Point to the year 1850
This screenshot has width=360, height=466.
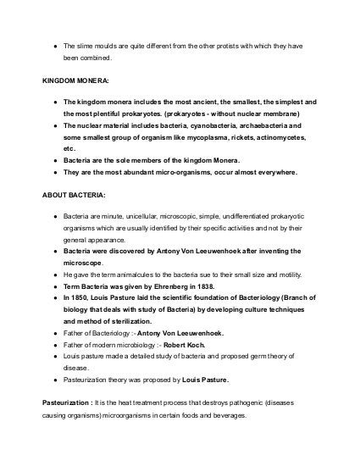[x=84, y=299]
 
